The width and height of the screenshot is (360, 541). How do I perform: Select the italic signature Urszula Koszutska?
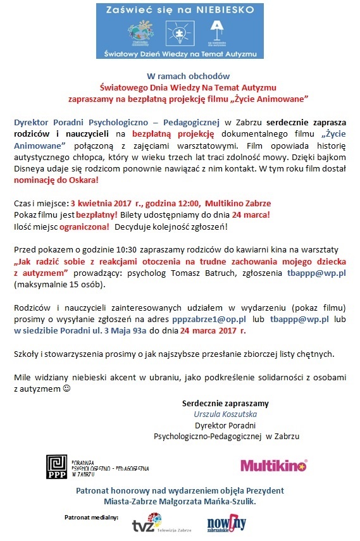pyautogui.click(x=225, y=414)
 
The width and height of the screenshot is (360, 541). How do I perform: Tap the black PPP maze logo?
pyautogui.click(x=58, y=467)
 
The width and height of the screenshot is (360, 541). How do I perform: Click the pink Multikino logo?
pyautogui.click(x=273, y=466)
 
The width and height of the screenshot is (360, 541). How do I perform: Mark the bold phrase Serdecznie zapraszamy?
pyautogui.click(x=225, y=403)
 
